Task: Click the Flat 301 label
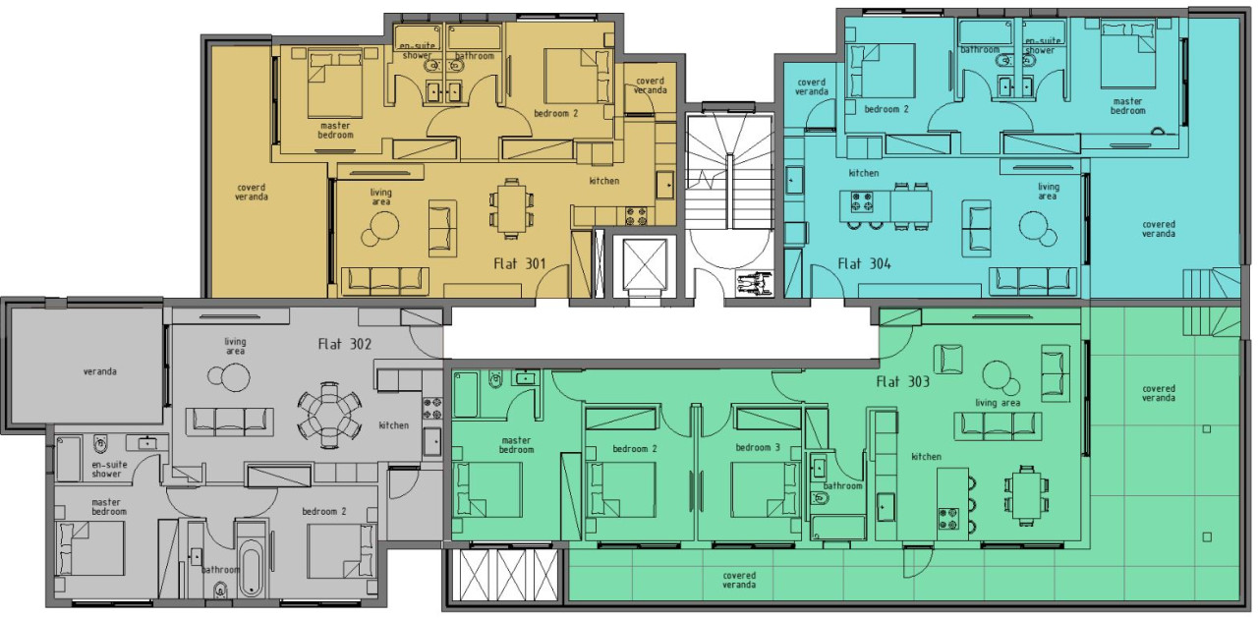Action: [520, 263]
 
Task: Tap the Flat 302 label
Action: [345, 344]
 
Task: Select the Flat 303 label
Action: [902, 382]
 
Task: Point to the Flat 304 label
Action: [864, 263]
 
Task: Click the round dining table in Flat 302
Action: [329, 415]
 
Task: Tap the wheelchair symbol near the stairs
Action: [755, 281]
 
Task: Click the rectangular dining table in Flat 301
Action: [511, 208]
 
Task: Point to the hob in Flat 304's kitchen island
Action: [862, 201]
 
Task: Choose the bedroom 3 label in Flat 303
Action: [758, 448]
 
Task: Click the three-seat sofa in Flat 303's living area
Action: [998, 426]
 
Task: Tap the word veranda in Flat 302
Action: [100, 371]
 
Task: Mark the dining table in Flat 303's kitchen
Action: [1027, 495]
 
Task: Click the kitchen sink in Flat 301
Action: [665, 185]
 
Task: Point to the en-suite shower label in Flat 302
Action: [109, 469]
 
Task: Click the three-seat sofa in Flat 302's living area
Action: [230, 422]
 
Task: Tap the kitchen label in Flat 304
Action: [864, 173]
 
